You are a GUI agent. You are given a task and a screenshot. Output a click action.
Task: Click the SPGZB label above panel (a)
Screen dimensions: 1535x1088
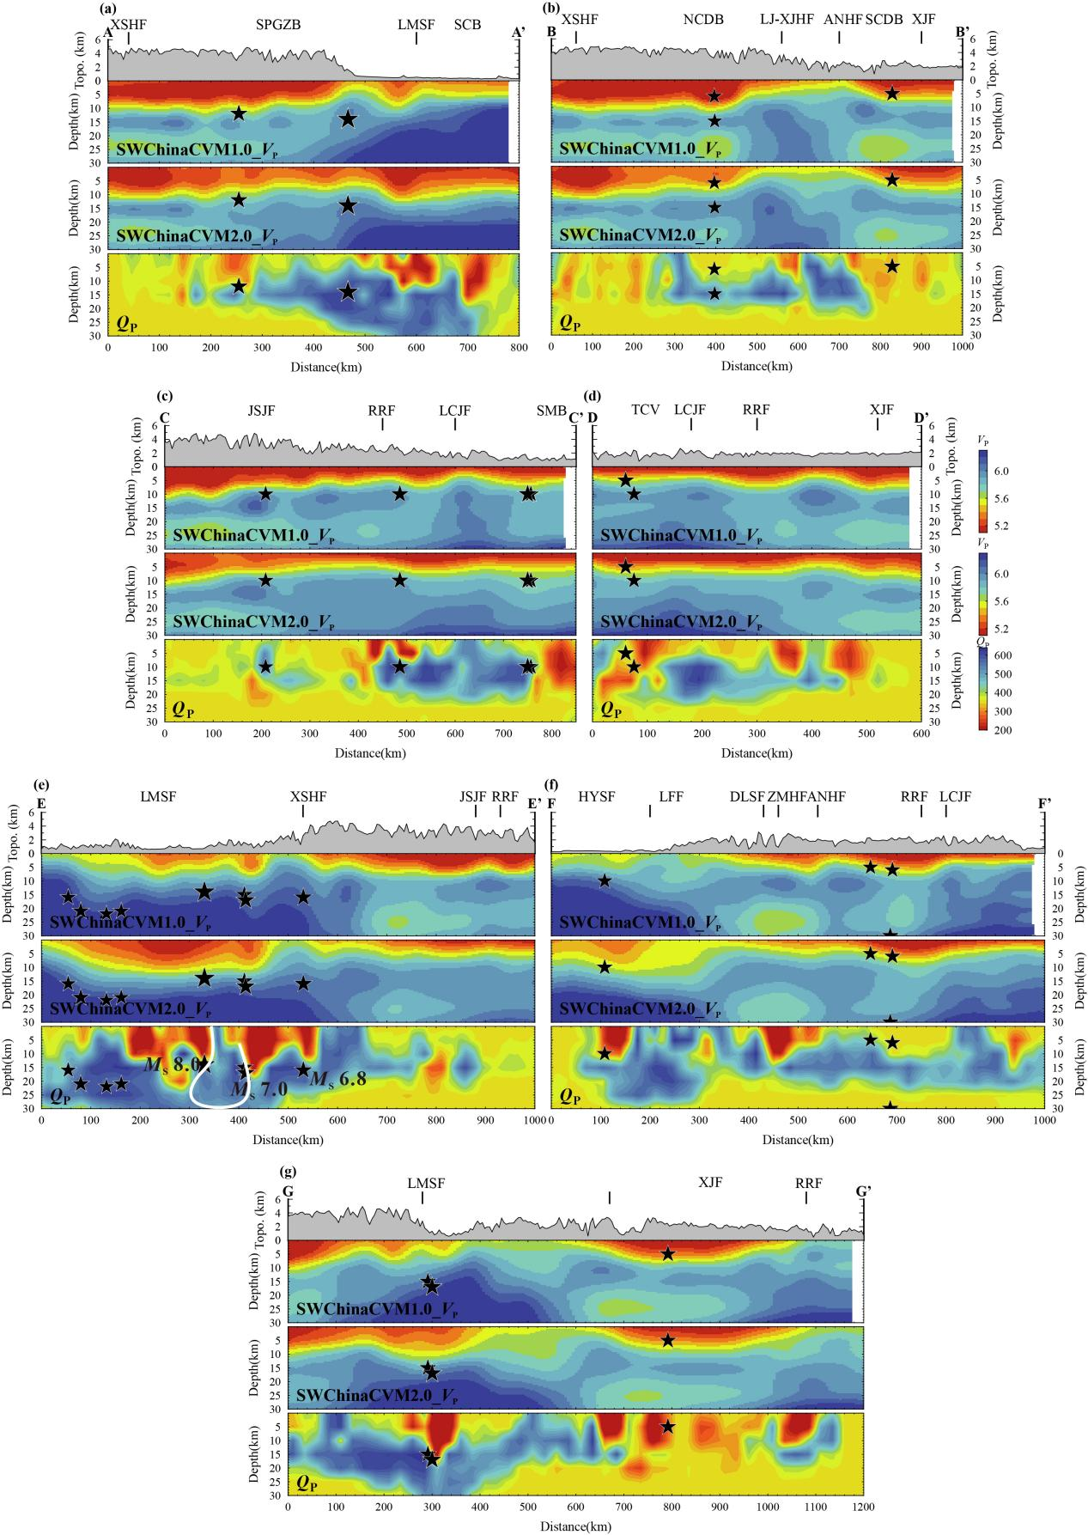[x=277, y=25]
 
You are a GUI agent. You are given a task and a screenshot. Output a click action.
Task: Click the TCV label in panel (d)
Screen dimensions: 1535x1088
[x=645, y=410]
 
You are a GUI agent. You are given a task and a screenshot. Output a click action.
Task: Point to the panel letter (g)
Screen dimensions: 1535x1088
[x=289, y=1170]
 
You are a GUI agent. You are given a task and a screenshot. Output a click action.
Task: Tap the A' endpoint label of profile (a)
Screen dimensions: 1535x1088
[x=518, y=33]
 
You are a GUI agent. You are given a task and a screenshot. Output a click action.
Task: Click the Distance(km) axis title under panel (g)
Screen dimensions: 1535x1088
[x=575, y=1526]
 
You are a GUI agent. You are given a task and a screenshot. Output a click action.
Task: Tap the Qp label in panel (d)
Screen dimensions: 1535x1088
[x=611, y=710]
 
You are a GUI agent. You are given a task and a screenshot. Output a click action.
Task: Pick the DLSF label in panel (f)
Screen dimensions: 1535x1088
[x=746, y=796]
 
